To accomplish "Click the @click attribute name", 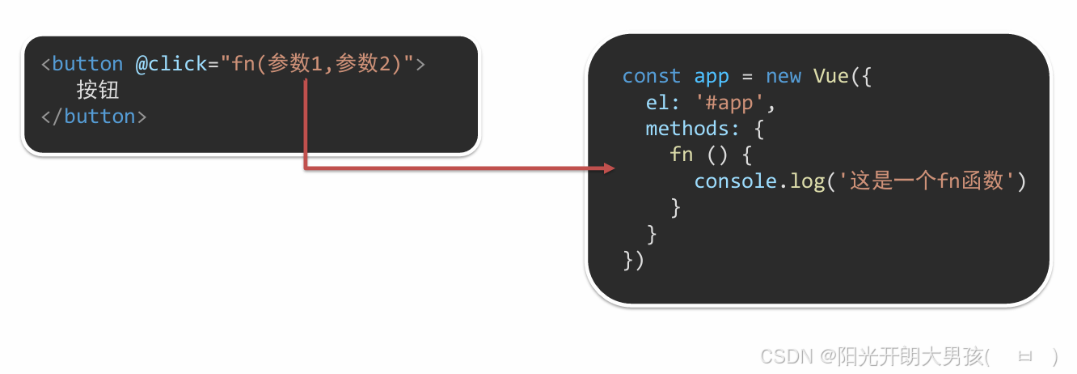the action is [171, 64].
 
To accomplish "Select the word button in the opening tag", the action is [87, 64].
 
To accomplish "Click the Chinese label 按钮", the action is [98, 90].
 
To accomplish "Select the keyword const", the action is [651, 76].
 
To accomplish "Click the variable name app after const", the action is [712, 76].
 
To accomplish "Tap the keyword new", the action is [783, 76].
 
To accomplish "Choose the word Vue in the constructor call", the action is [830, 76].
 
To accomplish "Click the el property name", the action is [657, 103].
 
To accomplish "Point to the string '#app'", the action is [729, 103].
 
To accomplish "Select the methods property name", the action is [686, 129].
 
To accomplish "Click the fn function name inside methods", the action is [681, 155].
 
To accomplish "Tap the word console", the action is [735, 181].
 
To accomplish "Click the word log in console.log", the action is [807, 181].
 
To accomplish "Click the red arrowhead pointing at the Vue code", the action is [610, 168].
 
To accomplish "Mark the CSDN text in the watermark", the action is [787, 356].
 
